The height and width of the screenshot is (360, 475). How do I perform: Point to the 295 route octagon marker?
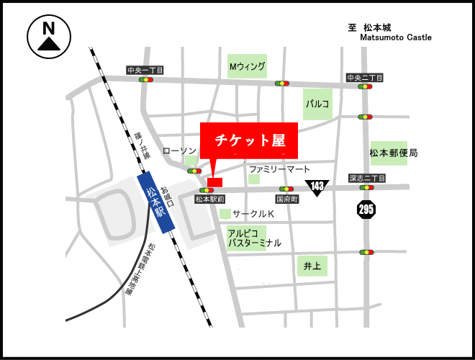point(366,210)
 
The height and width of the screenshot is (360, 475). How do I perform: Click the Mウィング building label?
point(248,67)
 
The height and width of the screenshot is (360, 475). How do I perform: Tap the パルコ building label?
point(317,104)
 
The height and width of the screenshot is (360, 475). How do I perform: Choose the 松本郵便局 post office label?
point(394,153)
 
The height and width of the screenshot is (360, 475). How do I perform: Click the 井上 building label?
point(312,266)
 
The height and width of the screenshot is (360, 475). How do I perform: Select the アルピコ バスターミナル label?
point(254,238)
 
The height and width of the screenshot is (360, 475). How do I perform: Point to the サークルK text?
point(253,215)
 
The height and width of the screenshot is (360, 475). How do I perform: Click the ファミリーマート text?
point(279,169)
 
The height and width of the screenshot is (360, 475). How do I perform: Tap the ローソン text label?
point(179,150)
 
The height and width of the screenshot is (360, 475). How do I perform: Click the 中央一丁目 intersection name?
point(145,71)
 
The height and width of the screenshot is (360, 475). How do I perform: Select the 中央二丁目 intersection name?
point(365,78)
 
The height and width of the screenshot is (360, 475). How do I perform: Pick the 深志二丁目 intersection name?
point(367,178)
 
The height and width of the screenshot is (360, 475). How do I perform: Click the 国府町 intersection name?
point(287,198)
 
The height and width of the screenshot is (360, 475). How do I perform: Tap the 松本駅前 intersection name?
point(210,199)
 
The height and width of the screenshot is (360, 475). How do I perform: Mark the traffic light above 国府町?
point(286,189)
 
